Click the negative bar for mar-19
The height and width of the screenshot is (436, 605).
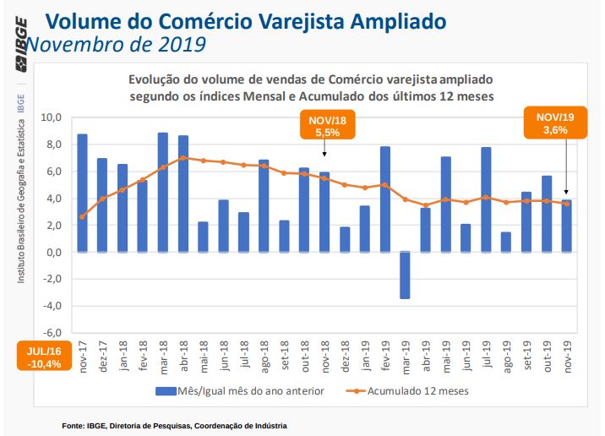[405, 275]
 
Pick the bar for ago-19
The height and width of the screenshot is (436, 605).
[505, 242]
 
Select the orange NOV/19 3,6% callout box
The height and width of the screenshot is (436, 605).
[548, 124]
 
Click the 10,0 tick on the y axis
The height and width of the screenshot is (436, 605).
[52, 117]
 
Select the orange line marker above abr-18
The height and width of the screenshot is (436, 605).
[183, 158]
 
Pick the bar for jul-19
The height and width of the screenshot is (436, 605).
[486, 199]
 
